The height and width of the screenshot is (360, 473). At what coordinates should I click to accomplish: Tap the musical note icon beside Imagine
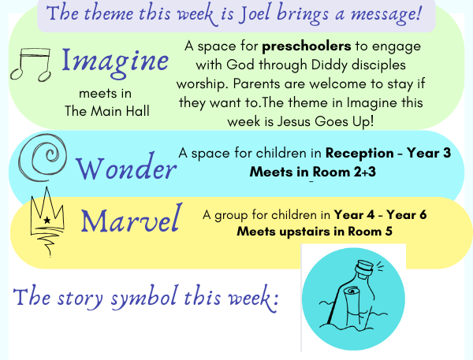31,65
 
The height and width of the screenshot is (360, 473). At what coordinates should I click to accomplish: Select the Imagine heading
115,61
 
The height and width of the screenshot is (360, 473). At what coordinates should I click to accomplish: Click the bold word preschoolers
307,46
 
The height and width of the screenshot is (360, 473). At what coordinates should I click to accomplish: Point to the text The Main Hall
107,111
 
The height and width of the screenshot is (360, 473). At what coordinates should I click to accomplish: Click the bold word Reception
359,153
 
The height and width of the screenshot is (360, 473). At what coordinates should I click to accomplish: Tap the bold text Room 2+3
345,173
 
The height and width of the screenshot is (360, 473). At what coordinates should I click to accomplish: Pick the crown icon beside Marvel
47,221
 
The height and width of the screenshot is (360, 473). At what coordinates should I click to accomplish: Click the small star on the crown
47,220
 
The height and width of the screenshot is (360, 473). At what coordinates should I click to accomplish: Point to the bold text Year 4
354,215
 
